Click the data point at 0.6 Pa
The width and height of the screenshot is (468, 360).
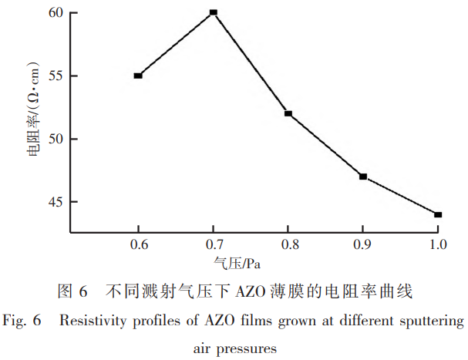(138, 76)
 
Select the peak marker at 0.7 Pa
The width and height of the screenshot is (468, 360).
(214, 12)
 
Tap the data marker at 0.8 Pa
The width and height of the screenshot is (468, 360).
(288, 113)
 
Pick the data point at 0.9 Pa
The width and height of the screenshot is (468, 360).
(362, 177)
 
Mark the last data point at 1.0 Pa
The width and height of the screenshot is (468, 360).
(438, 214)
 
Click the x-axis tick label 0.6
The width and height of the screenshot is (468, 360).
(138, 245)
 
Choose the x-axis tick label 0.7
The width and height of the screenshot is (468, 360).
(214, 245)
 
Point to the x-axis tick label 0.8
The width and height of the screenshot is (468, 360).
(288, 245)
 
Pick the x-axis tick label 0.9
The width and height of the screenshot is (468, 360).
(362, 245)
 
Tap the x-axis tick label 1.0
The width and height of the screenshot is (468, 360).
(438, 245)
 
